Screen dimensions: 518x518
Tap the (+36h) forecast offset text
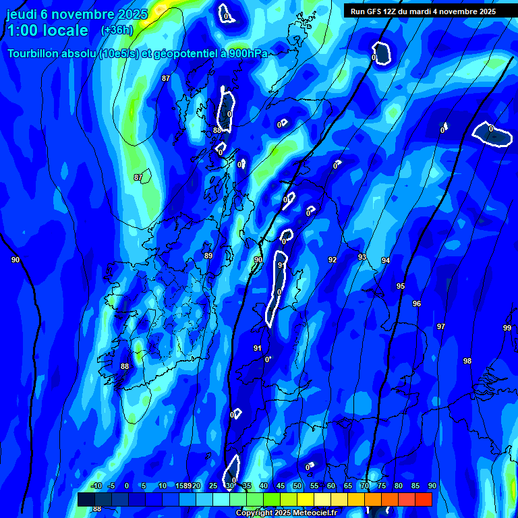(117, 30)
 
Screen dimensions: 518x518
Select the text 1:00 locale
(47, 30)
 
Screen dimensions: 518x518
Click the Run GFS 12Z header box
(422, 11)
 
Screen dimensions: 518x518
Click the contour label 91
(257, 348)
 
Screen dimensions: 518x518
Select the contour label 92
(332, 260)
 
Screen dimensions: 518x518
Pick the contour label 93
(362, 257)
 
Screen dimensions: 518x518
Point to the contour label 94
(385, 260)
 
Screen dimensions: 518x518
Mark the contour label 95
(401, 286)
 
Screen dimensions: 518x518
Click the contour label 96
(416, 304)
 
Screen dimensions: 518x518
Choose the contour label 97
(440, 326)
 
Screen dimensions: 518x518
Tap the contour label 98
(467, 361)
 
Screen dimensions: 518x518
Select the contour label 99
(507, 328)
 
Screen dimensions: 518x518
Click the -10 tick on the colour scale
(96, 486)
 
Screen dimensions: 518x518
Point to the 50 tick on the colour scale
(297, 486)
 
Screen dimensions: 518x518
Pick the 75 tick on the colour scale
(381, 486)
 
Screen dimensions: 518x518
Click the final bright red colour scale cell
(423, 499)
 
